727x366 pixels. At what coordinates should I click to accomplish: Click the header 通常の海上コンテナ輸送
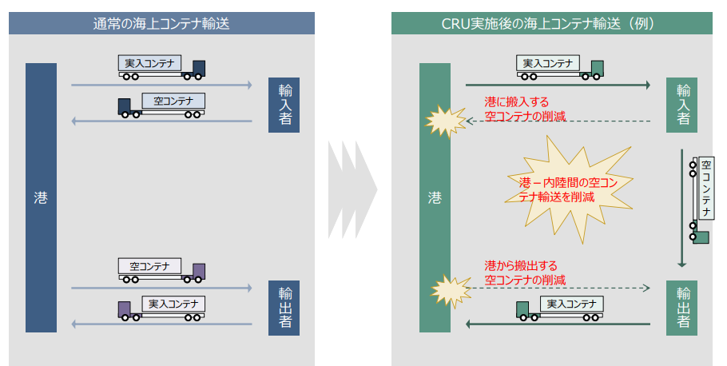pyautogui.click(x=161, y=23)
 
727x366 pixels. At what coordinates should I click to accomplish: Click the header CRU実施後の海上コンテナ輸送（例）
pyautogui.click(x=553, y=23)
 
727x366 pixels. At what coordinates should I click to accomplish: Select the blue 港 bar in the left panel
pyautogui.click(x=41, y=197)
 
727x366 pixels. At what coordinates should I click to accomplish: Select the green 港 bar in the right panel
pyautogui.click(x=435, y=197)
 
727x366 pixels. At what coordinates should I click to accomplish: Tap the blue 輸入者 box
pyautogui.click(x=284, y=105)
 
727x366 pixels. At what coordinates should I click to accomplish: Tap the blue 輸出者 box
pyautogui.click(x=284, y=308)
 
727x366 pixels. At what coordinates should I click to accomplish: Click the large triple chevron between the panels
pyautogui.click(x=352, y=190)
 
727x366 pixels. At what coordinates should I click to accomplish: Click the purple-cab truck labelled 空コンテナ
pyautogui.click(x=162, y=269)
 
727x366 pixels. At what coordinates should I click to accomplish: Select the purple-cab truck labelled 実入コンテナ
pyautogui.click(x=162, y=308)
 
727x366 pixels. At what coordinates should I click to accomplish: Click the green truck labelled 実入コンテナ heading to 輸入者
pyautogui.click(x=559, y=67)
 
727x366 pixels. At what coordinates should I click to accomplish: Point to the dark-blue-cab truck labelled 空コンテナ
pyautogui.click(x=162, y=105)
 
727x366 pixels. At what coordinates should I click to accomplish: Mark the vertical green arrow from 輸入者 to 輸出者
pyautogui.click(x=681, y=208)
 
